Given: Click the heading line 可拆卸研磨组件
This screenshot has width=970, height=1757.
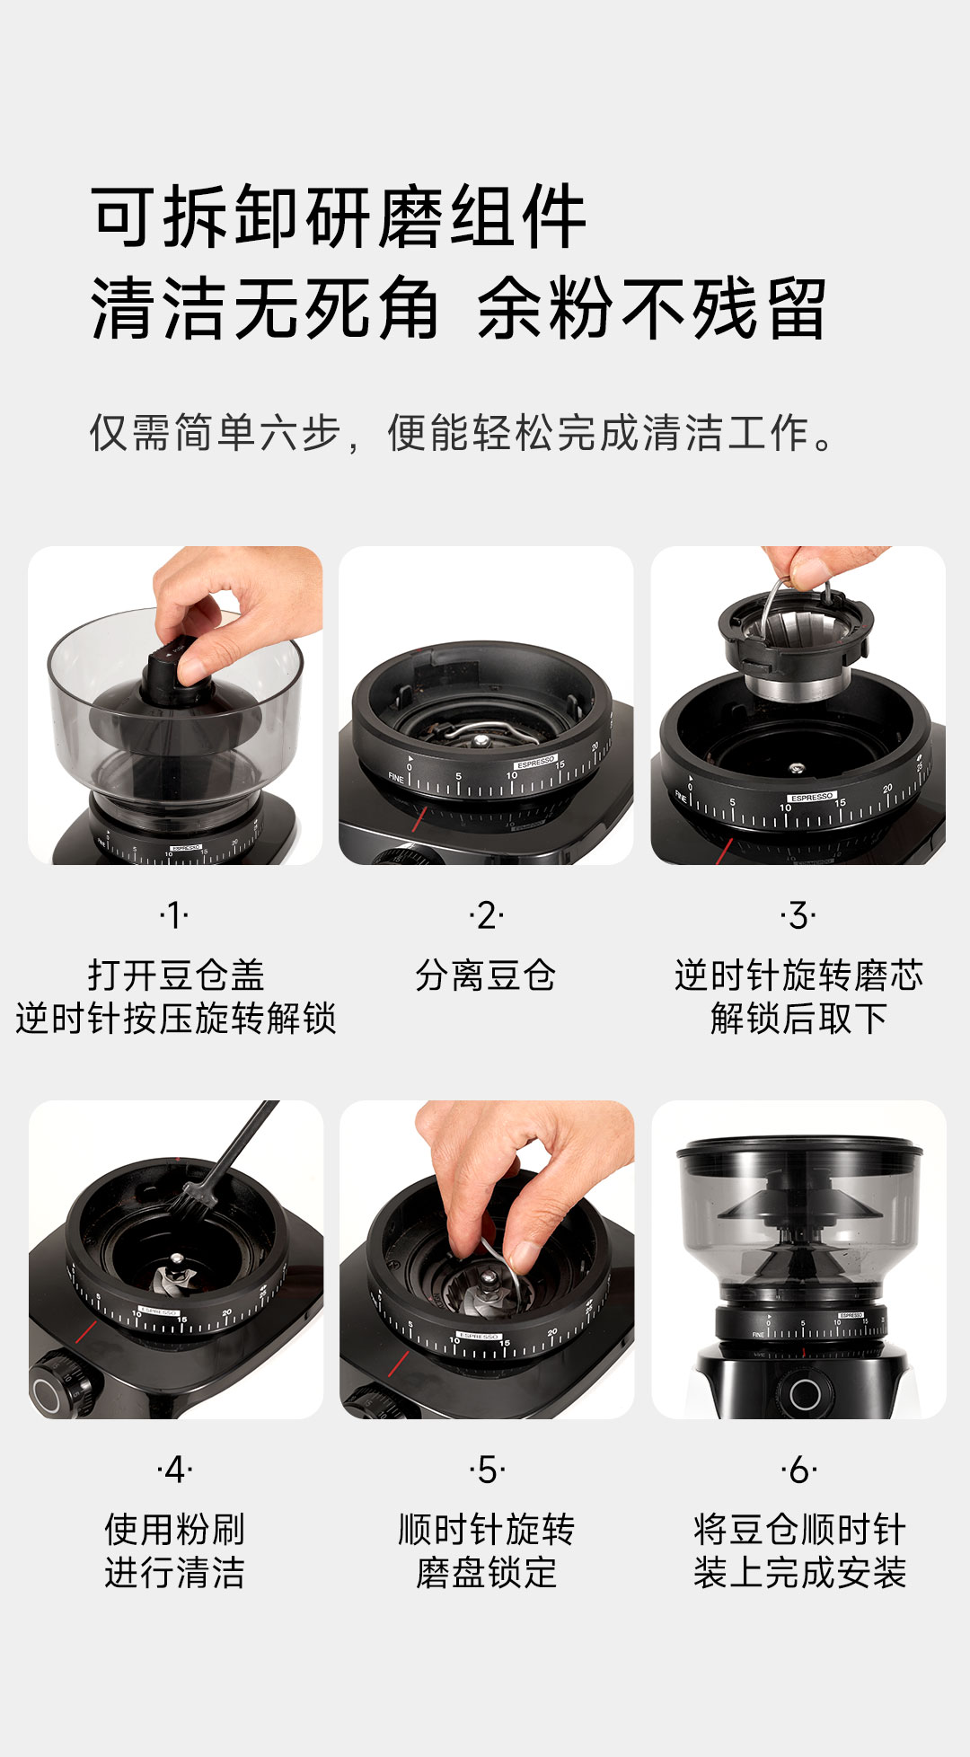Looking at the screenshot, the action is point(339,216).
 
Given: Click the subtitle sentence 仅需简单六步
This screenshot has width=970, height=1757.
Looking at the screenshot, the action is point(216,433).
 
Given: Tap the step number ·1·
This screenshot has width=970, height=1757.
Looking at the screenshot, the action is point(174,916).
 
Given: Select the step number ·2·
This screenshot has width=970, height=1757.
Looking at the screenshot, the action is point(486,916).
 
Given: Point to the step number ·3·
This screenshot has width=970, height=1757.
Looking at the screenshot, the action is point(798,916).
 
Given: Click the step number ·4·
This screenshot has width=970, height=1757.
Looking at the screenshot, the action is point(174,1470).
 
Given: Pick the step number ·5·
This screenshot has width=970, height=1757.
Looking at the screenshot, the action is point(486,1470).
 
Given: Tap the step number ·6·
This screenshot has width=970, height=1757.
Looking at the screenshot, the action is point(798,1470).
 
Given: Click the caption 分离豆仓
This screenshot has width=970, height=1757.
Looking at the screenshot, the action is point(486,976).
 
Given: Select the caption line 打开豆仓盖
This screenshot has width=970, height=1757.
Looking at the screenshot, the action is point(175,976).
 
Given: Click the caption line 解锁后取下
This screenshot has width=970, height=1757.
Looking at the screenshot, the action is point(798,1019).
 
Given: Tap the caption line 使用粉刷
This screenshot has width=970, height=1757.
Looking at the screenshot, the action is point(174,1529).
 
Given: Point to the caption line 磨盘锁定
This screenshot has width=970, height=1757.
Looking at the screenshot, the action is point(486,1573).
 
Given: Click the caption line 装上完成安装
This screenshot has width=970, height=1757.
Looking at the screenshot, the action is point(799,1573).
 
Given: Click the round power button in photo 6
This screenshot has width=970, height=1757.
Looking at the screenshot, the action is point(805,1394).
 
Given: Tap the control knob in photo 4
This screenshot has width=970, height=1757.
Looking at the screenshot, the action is point(56,1388).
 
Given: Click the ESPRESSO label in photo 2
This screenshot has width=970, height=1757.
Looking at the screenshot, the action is point(536,763).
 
